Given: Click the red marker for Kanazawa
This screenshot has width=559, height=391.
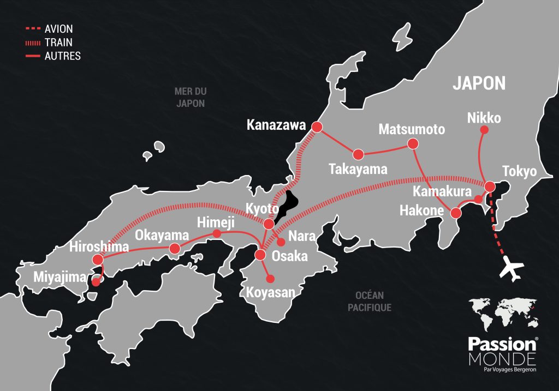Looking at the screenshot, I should (x=317, y=127).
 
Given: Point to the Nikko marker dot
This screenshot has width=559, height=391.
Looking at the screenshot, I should (x=483, y=130).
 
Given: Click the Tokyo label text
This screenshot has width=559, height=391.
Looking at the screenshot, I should (x=520, y=171).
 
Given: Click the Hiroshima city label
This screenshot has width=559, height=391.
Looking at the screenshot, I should (x=99, y=246).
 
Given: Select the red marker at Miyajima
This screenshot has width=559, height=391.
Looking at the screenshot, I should (x=96, y=282).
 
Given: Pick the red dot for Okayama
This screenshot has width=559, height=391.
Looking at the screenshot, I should (x=175, y=249).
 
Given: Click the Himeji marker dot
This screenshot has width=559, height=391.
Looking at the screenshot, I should (x=216, y=234).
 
